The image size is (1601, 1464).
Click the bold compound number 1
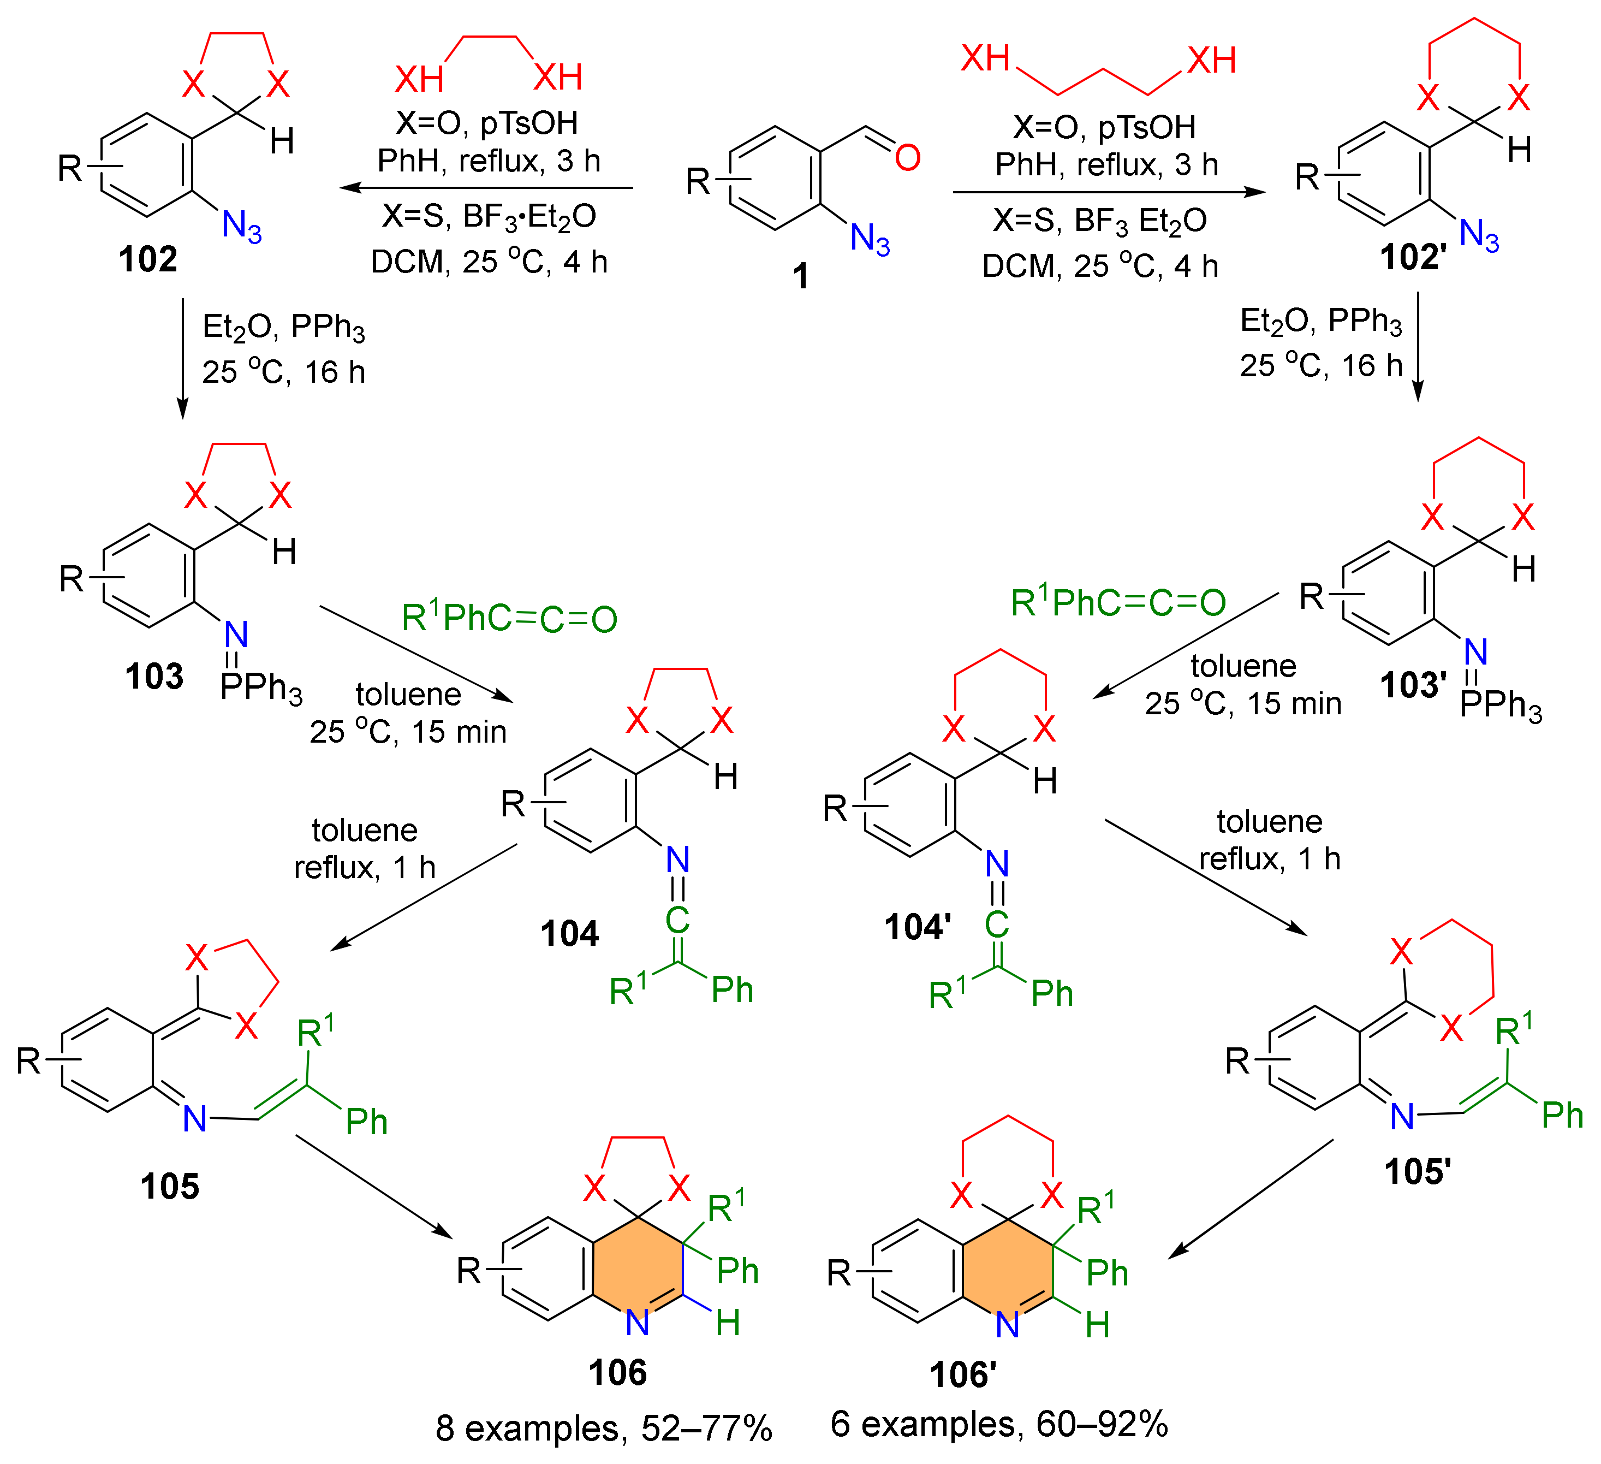(x=800, y=276)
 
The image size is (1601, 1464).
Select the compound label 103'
(x=1413, y=685)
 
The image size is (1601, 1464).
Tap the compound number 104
(x=569, y=933)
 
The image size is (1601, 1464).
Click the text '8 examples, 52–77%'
(x=604, y=1429)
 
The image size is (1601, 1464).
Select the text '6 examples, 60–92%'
(x=998, y=1424)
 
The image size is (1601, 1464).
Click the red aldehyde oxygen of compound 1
(x=907, y=157)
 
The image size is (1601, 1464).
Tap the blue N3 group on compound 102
(x=241, y=227)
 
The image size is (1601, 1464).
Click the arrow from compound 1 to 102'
(x=1109, y=192)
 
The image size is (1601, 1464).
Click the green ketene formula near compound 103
(x=509, y=618)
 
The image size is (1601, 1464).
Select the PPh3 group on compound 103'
(x=1500, y=706)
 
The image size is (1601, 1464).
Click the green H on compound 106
(x=728, y=1323)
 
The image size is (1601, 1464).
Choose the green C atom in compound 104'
(x=997, y=924)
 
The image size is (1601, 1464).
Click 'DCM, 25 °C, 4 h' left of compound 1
(x=489, y=262)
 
